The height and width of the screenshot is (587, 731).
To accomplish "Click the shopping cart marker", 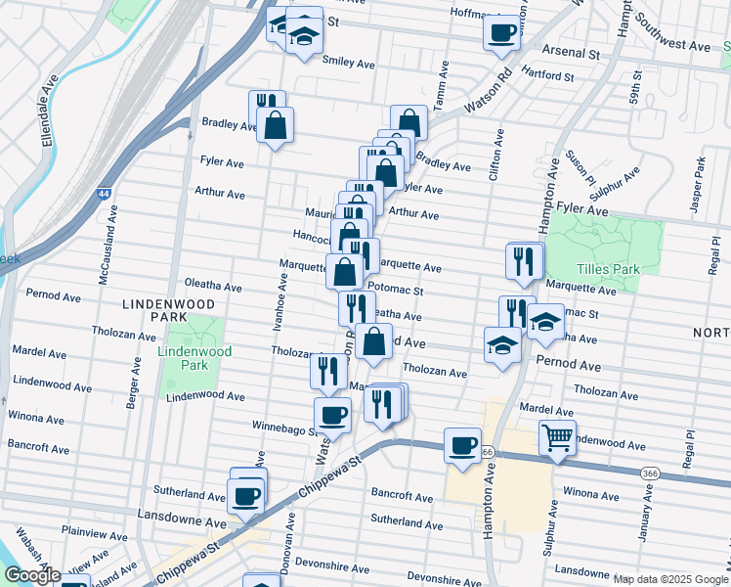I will coord(557,437).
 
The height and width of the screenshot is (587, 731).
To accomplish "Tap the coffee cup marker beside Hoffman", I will coord(501,31).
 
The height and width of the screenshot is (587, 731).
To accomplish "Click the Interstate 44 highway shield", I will coord(103,195).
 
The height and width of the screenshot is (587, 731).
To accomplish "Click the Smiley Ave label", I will coord(349,63).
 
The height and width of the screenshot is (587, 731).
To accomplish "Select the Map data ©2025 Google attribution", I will coord(669,579).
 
